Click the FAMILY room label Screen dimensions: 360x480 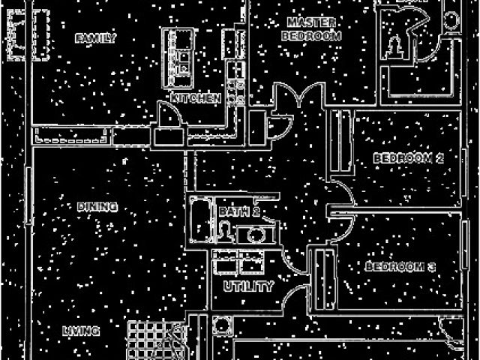96,38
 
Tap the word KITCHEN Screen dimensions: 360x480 195,98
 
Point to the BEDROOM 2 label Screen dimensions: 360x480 409,158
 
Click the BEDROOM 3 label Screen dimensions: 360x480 400,267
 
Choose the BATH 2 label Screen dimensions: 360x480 239,212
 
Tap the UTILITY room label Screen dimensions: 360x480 248,286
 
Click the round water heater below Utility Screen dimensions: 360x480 221,325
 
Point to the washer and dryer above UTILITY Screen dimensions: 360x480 238,263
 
